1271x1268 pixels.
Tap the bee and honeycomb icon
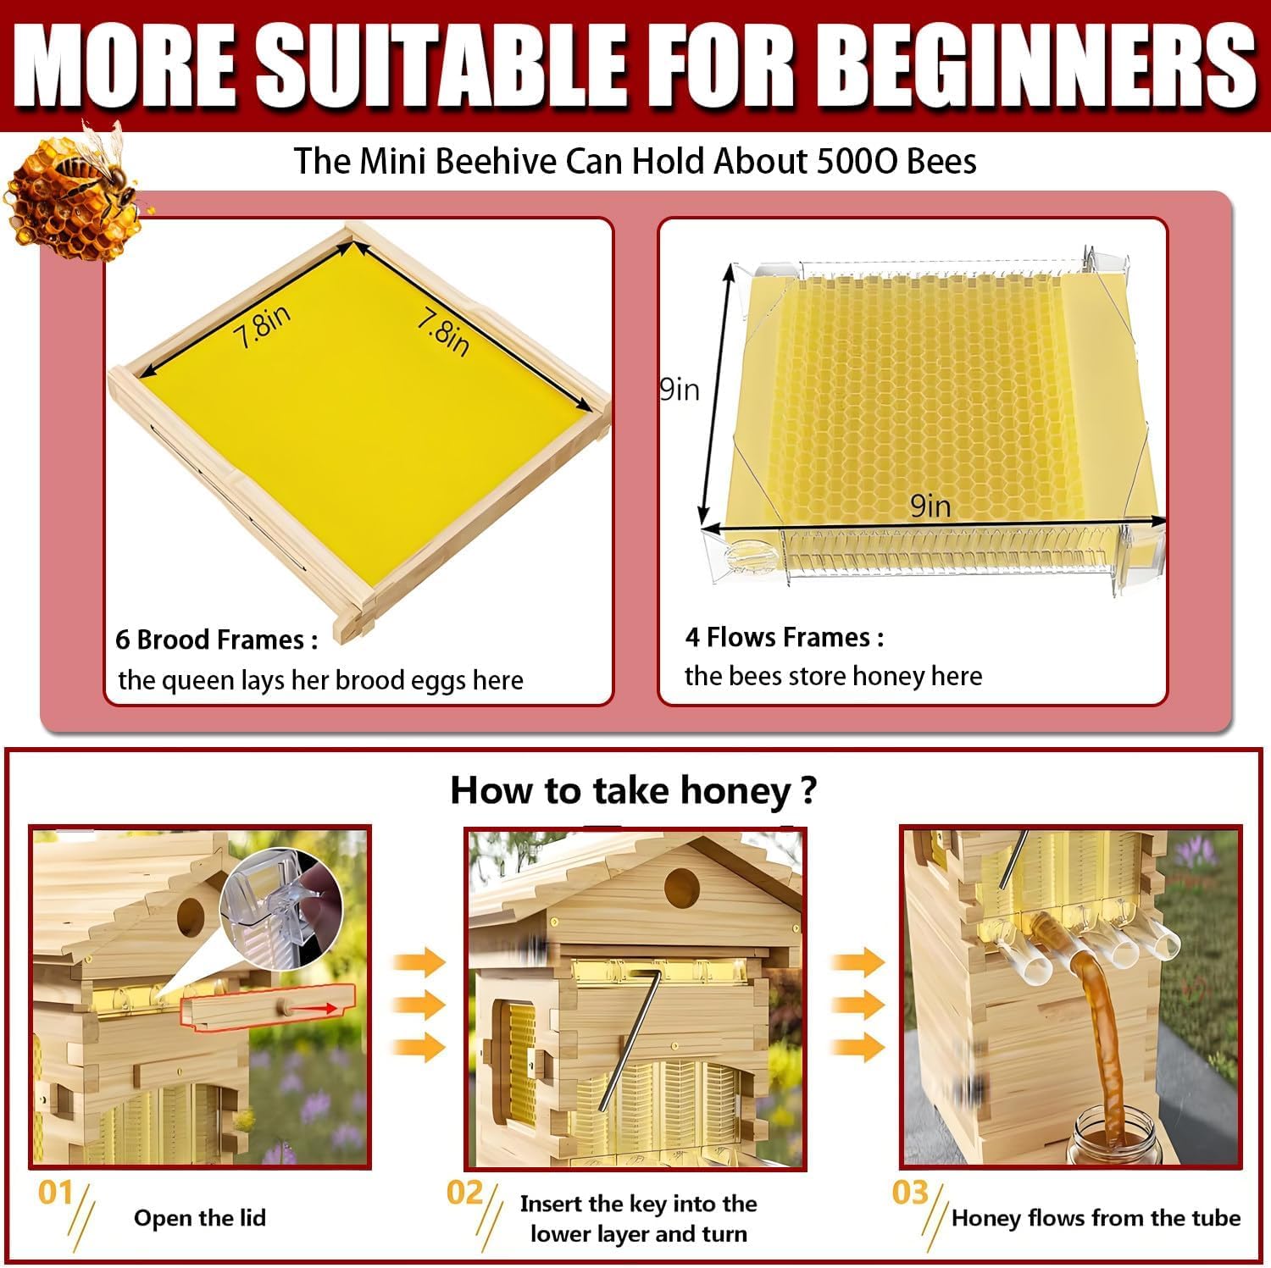(x=75, y=192)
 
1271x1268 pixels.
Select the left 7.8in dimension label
(x=264, y=326)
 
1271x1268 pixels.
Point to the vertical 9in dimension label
(x=680, y=390)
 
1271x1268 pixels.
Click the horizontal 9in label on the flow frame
(x=930, y=506)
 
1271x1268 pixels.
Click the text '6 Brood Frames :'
(x=217, y=640)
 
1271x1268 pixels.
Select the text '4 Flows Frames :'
(x=785, y=637)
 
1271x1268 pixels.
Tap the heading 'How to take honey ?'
(x=633, y=790)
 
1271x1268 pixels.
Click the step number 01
(x=55, y=1193)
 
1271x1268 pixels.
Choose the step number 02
(x=464, y=1193)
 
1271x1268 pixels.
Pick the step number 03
(x=911, y=1193)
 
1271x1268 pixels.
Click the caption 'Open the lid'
(x=200, y=1218)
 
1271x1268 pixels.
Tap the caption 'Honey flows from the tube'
(x=1096, y=1218)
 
